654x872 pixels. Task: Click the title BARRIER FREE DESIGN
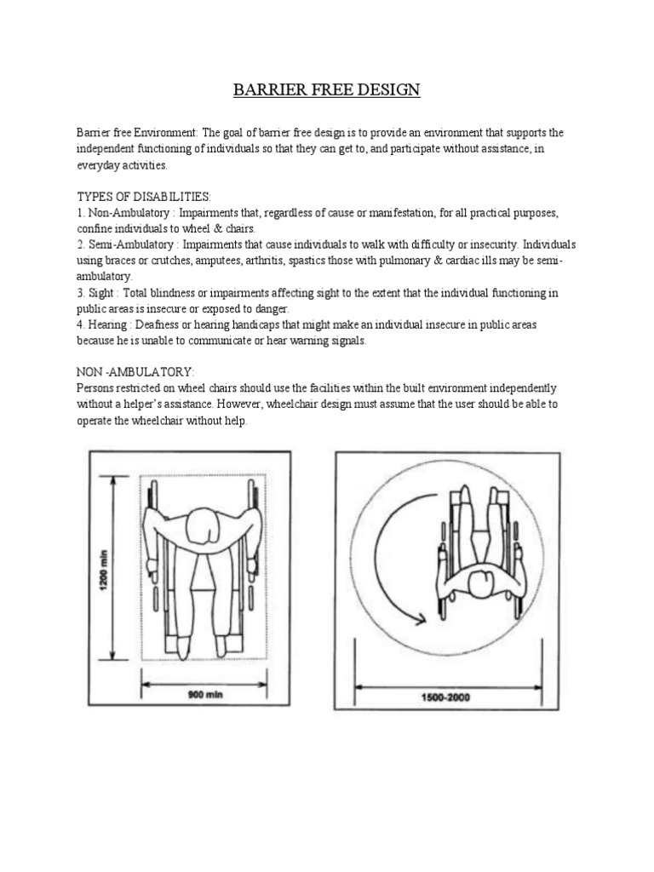pos(327,89)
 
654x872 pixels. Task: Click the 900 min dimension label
pos(204,694)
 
